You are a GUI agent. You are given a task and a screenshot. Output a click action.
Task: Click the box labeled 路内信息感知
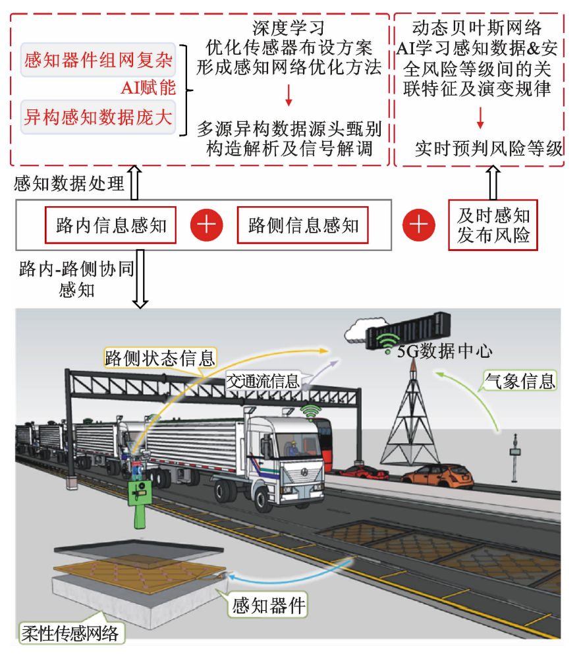[111, 227]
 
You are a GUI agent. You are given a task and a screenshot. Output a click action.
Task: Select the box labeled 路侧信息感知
[303, 227]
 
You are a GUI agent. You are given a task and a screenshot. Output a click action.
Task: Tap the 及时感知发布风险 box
[493, 225]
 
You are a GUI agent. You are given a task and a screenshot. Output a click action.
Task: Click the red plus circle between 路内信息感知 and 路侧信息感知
[206, 226]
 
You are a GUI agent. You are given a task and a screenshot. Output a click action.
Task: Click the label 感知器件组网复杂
[98, 61]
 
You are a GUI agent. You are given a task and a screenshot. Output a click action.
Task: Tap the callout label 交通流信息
[263, 380]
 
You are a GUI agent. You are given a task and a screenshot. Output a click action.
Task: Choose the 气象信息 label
[520, 380]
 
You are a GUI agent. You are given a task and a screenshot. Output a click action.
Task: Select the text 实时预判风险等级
[488, 149]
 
